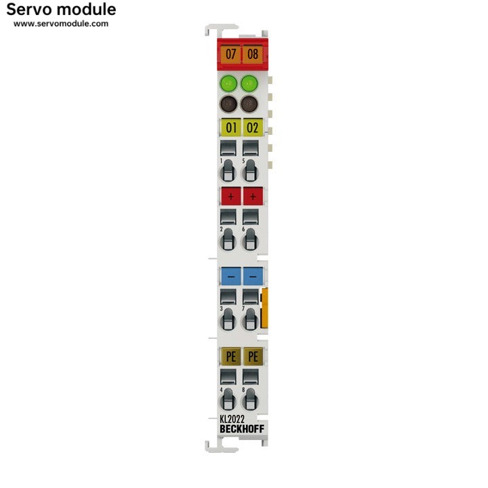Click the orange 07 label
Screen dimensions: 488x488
coord(231,54)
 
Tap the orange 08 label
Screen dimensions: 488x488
coord(253,54)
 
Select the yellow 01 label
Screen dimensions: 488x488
coord(231,127)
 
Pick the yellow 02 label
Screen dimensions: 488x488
coord(253,127)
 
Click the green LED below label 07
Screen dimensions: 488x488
coord(229,83)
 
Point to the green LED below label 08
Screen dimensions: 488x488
coord(249,83)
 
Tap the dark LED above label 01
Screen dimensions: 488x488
coord(229,104)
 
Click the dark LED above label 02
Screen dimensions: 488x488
coord(249,104)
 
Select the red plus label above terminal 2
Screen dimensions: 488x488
coord(231,196)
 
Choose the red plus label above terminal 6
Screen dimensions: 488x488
coord(253,196)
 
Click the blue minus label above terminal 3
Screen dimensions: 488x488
coord(231,277)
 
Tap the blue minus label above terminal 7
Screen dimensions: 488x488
coord(253,277)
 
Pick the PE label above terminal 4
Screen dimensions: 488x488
coord(231,356)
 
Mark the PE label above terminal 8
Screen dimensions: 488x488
coord(253,356)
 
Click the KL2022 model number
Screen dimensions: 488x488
coord(232,419)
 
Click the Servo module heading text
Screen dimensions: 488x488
coord(61,9)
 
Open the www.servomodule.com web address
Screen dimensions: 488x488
coord(61,24)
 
